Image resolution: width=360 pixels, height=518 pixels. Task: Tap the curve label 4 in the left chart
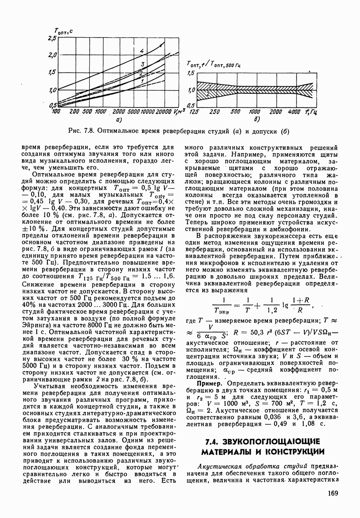pyautogui.click(x=141, y=51)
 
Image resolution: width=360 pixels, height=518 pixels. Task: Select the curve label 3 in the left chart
pyautogui.click(x=141, y=64)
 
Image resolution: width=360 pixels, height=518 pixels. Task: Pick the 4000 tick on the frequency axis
pyautogui.click(x=295, y=112)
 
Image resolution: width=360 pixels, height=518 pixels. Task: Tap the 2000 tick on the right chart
pyautogui.click(x=276, y=112)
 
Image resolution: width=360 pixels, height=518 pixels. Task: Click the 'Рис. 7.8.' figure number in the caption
pyautogui.click(x=81, y=131)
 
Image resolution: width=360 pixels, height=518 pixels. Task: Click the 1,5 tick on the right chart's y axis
pyautogui.click(x=190, y=74)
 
